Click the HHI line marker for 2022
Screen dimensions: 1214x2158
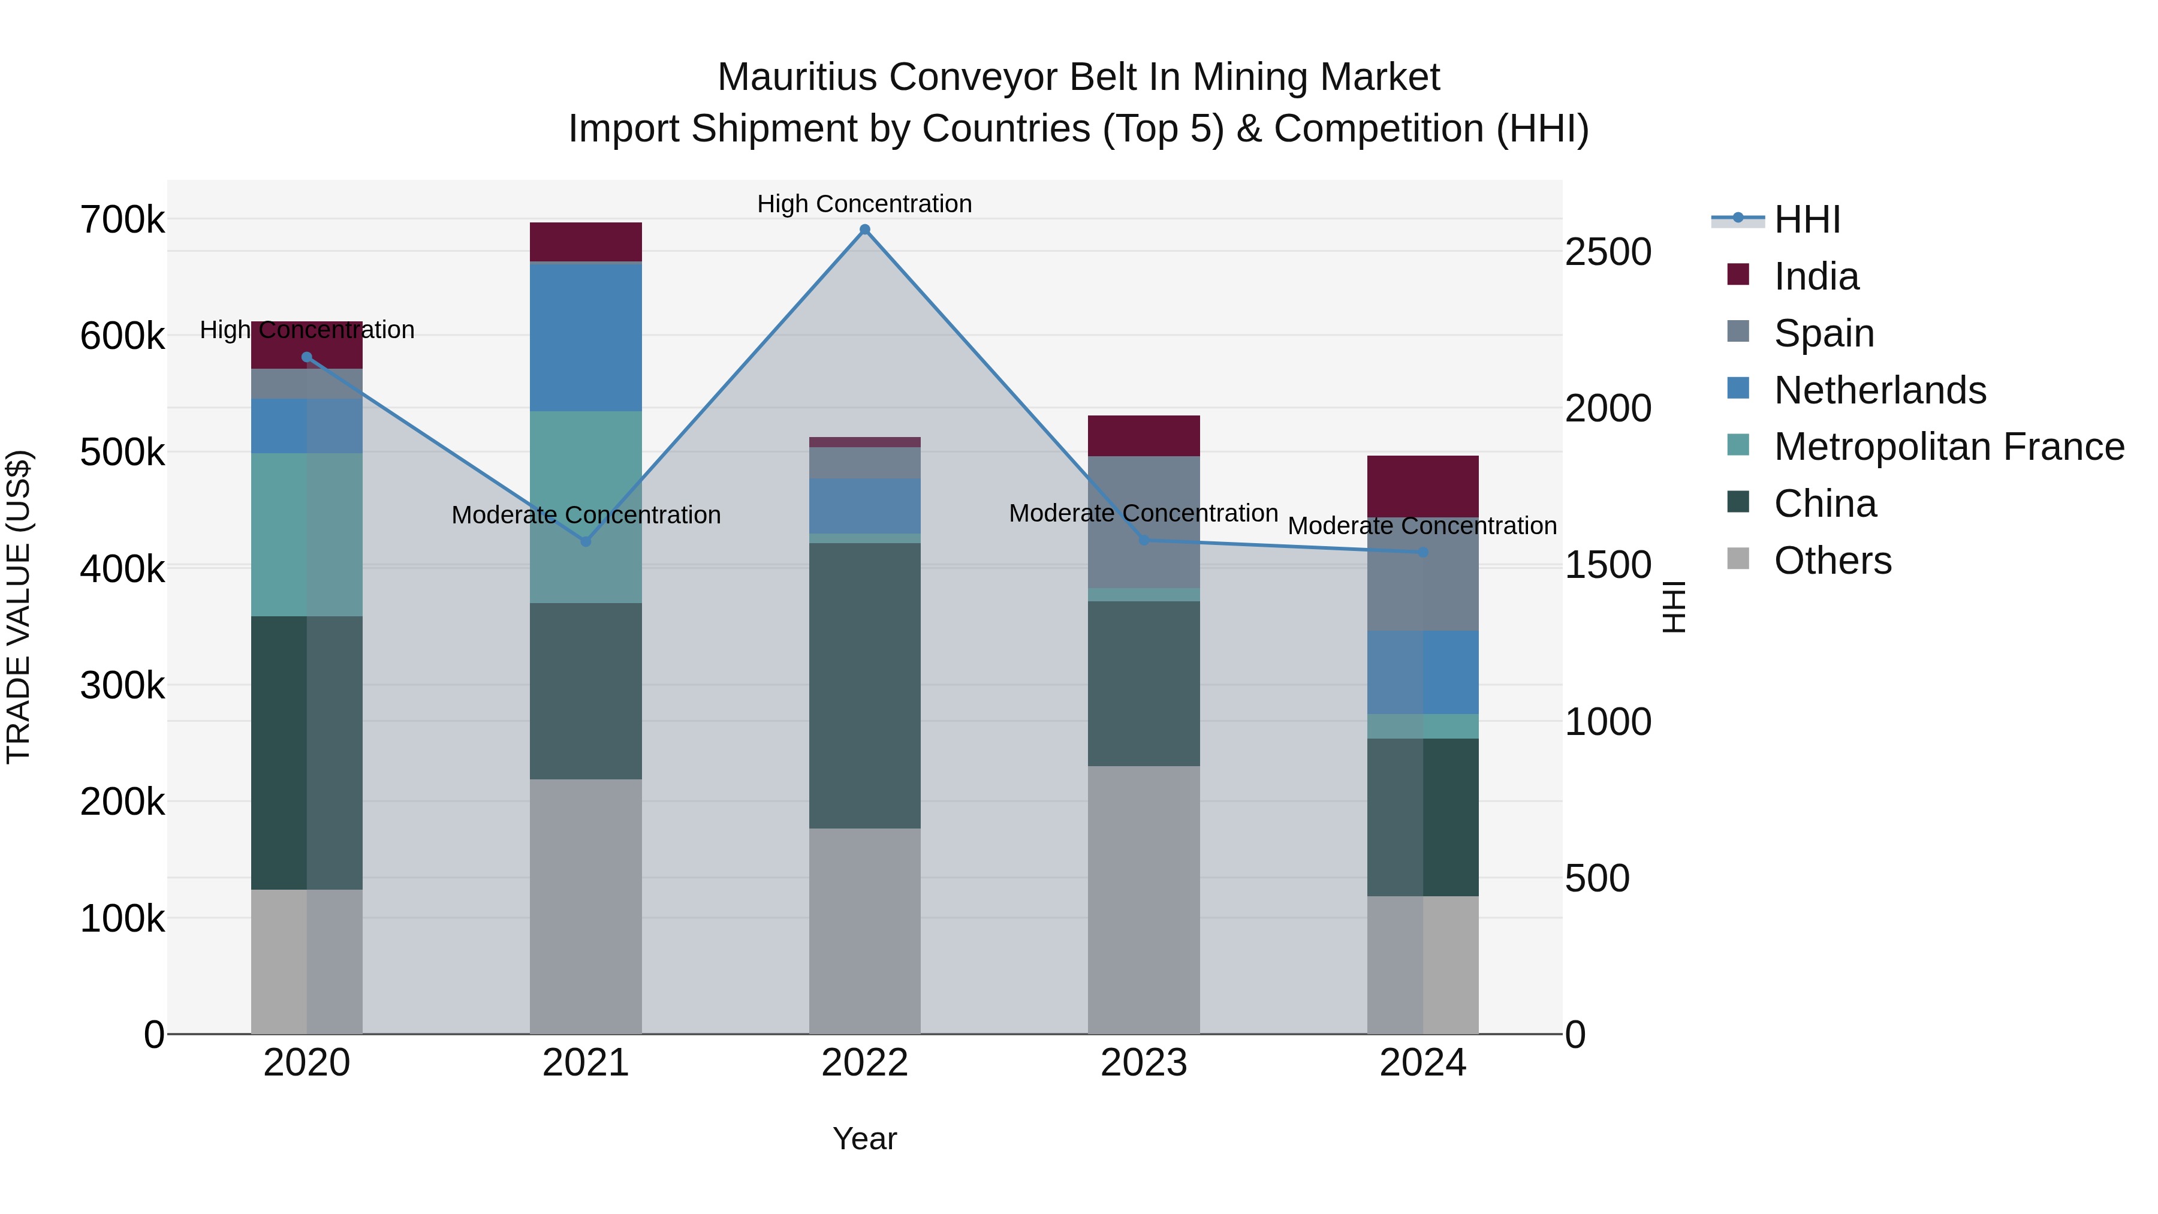coord(864,230)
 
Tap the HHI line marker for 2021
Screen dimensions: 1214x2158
coord(586,541)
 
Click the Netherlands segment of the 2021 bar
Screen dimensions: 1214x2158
coord(586,337)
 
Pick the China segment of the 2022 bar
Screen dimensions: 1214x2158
coord(864,685)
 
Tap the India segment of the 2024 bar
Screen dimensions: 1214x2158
coord(1422,486)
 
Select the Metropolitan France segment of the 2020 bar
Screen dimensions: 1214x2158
coord(306,535)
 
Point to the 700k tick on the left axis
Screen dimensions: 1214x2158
coord(122,221)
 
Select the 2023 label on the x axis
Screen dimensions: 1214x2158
coord(1144,1063)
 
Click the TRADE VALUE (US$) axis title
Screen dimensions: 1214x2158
coord(19,607)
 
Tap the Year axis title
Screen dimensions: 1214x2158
coord(864,1138)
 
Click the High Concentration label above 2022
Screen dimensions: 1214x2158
coord(864,204)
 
